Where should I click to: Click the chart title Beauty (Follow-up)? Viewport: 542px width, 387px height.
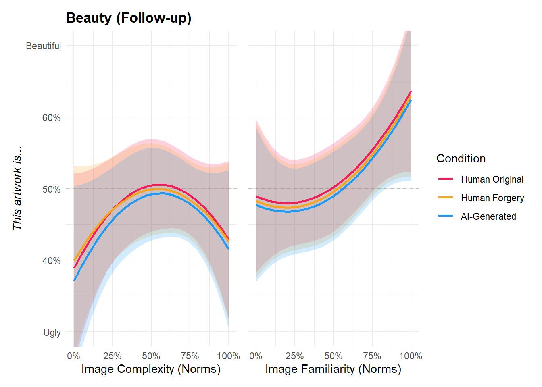[x=129, y=18]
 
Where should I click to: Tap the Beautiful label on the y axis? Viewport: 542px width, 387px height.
[x=43, y=46]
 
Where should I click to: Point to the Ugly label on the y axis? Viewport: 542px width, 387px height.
[x=52, y=333]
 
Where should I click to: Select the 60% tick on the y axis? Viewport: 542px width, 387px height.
[x=51, y=118]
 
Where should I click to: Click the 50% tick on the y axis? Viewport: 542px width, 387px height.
[x=51, y=189]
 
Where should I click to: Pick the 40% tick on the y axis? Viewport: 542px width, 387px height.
[x=51, y=261]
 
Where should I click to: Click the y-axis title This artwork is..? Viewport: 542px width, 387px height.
[x=17, y=189]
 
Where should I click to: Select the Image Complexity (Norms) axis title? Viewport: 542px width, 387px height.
[x=151, y=369]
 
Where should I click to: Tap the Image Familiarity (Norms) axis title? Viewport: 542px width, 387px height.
[x=333, y=369]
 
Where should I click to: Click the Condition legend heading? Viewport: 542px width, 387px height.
[x=461, y=158]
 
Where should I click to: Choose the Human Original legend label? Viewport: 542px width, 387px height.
[x=492, y=179]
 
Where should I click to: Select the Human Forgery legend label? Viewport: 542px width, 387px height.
[x=492, y=198]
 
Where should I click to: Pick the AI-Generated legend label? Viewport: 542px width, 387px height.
[x=488, y=216]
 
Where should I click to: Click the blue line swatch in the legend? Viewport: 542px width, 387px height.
[x=446, y=216]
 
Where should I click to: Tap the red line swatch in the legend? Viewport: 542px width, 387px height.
[x=446, y=179]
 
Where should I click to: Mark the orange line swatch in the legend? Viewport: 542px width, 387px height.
[x=446, y=198]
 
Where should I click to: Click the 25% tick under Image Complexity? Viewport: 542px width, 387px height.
[x=112, y=356]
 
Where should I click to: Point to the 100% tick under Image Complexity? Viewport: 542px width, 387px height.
[x=228, y=356]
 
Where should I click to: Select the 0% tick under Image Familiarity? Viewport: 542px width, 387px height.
[x=256, y=356]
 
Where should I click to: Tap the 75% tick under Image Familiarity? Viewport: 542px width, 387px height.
[x=372, y=356]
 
